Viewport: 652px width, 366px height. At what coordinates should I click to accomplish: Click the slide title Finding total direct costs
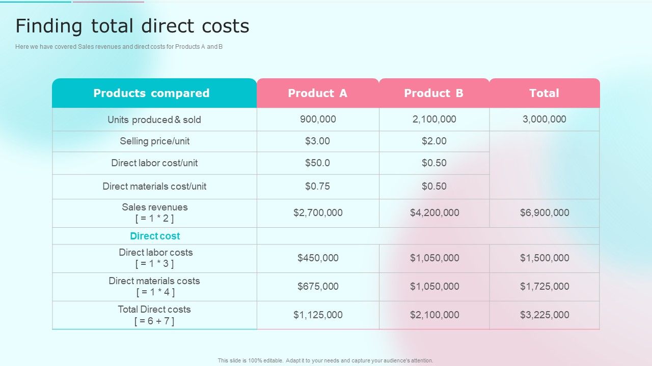[132, 26]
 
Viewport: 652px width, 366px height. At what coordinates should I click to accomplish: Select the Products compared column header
[151, 93]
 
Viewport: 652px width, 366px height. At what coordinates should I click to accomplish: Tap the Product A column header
[317, 93]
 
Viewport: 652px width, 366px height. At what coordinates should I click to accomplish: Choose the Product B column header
[433, 93]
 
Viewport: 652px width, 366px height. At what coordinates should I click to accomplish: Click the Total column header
[544, 93]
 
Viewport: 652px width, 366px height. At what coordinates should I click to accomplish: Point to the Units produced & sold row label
[154, 119]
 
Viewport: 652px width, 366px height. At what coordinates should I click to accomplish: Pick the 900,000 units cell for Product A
[318, 119]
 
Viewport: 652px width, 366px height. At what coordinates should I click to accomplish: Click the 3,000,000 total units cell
[544, 119]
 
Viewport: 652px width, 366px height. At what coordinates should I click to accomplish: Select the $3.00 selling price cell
[317, 141]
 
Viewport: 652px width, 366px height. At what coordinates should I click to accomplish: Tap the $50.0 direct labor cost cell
[317, 163]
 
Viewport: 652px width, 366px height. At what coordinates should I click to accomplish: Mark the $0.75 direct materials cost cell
[317, 186]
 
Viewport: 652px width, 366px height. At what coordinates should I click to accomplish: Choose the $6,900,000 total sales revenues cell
[545, 212]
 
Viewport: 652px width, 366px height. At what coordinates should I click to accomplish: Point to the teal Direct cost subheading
[155, 236]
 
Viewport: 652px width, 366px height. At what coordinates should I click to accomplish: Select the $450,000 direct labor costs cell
[318, 258]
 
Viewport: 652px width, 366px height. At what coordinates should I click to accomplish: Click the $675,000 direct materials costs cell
[318, 286]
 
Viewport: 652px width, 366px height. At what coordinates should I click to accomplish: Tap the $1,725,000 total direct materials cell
[545, 286]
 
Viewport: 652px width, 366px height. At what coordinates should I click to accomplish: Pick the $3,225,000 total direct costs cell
[545, 315]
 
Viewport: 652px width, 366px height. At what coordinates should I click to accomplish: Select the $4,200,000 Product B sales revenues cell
[434, 212]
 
